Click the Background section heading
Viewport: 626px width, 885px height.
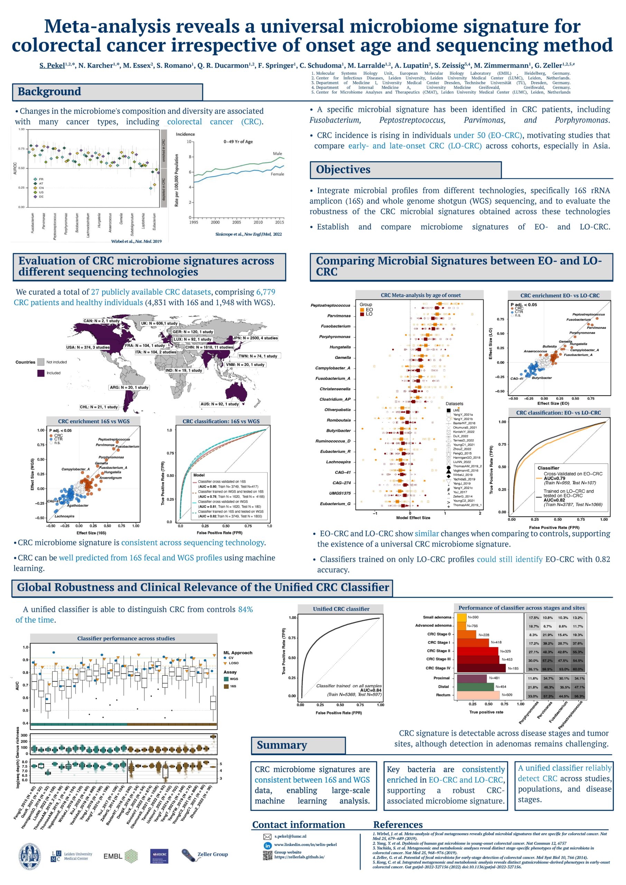(x=49, y=92)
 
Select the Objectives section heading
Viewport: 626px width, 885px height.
(x=343, y=170)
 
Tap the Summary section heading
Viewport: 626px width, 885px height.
(x=282, y=745)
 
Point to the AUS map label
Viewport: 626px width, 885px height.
(x=219, y=404)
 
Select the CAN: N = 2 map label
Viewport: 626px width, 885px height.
(x=102, y=321)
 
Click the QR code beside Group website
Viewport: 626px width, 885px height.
(x=268, y=855)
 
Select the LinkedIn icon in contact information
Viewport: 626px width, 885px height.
(x=268, y=845)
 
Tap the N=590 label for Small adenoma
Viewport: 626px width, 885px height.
(x=473, y=617)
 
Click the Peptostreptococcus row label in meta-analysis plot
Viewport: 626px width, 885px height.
(x=330, y=306)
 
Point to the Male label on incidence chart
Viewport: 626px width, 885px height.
(x=278, y=153)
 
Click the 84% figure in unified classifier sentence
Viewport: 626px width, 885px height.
(x=245, y=609)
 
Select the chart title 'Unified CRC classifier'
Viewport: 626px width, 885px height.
(x=341, y=609)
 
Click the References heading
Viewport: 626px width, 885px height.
(x=398, y=825)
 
